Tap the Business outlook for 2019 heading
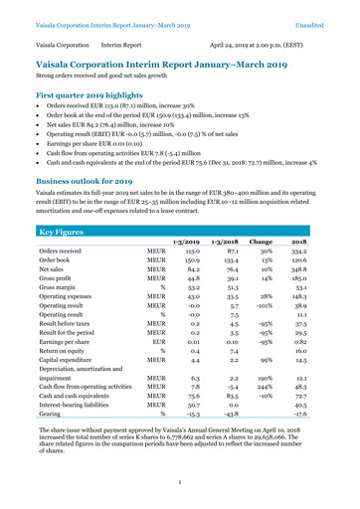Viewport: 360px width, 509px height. tap(90, 182)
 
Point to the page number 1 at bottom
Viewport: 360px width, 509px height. tap(180, 483)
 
